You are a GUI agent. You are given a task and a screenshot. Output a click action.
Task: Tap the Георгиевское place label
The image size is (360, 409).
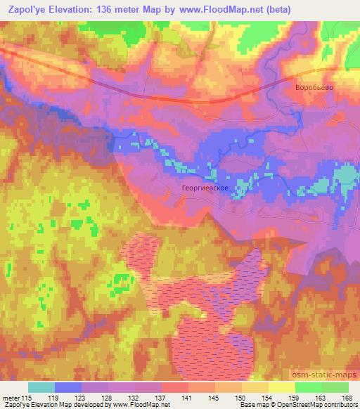point(205,189)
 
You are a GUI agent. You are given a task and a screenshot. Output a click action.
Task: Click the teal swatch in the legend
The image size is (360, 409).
point(41,387)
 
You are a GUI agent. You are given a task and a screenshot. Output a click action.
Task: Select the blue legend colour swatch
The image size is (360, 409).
point(68,387)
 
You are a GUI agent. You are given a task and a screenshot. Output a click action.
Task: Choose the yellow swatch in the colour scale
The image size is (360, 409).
point(281,387)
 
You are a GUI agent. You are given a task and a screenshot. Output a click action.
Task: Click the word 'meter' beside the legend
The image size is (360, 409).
point(13,398)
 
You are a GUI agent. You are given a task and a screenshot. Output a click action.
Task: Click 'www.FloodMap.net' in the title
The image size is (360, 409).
point(217,8)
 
